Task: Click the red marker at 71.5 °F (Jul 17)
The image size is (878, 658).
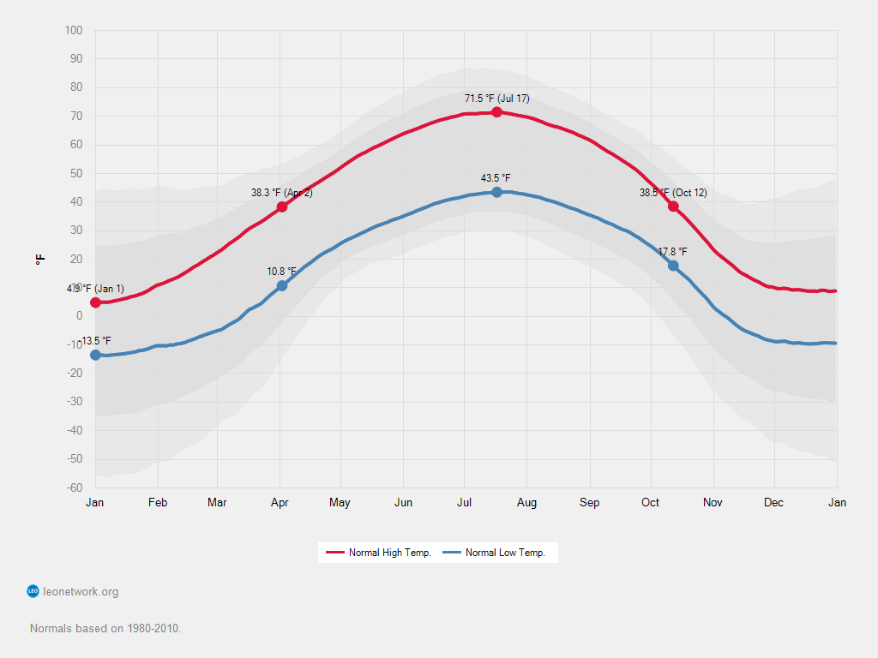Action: click(x=496, y=112)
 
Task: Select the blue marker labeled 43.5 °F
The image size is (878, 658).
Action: click(x=497, y=192)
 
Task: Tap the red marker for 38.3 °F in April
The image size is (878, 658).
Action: click(x=282, y=206)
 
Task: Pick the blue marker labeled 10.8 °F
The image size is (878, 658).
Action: click(x=282, y=285)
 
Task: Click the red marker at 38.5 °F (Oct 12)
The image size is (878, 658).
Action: click(x=674, y=206)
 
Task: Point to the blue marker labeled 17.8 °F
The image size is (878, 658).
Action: click(x=674, y=266)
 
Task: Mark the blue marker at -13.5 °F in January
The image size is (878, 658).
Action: click(x=95, y=355)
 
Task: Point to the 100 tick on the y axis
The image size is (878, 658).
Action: click(x=74, y=31)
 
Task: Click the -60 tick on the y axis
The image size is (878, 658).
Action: click(x=74, y=488)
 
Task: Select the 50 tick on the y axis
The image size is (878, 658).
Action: click(x=76, y=174)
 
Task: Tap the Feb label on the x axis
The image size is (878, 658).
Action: click(x=157, y=503)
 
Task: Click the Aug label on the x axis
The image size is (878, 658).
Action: click(x=526, y=503)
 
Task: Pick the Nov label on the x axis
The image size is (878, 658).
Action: click(x=712, y=503)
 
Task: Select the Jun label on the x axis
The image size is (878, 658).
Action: click(x=403, y=503)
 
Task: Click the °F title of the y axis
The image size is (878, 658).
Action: click(x=40, y=259)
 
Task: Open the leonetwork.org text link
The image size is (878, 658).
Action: click(x=81, y=591)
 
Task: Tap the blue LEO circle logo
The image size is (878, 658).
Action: click(x=33, y=591)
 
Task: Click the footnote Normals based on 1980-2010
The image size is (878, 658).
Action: click(x=105, y=628)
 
